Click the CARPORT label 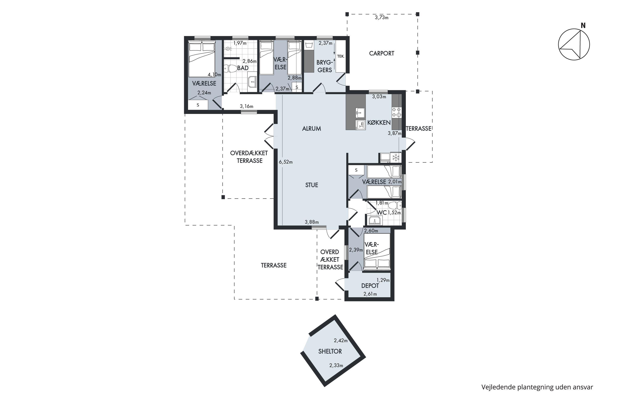(x=382, y=53)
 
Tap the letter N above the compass (x=583, y=26)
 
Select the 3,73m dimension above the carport (x=382, y=18)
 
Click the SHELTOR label (x=330, y=351)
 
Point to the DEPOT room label (x=370, y=286)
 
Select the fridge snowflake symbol (x=396, y=158)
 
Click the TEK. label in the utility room (x=341, y=56)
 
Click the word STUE (x=312, y=185)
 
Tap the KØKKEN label (x=379, y=122)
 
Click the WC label (x=382, y=212)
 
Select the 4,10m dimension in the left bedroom (x=214, y=75)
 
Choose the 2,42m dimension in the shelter (x=341, y=341)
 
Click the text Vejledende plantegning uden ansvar (x=537, y=387)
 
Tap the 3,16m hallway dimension (x=246, y=107)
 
